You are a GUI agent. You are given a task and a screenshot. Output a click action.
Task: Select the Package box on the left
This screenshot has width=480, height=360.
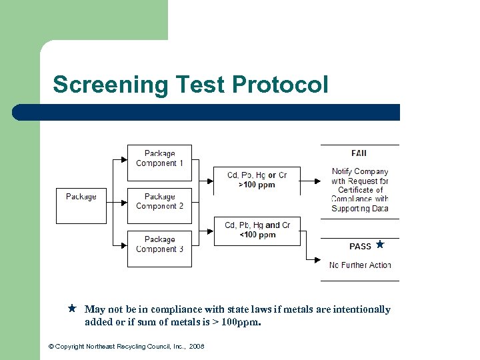[81, 205]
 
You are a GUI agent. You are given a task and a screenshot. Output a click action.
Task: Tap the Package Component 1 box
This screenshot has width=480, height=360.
[159, 163]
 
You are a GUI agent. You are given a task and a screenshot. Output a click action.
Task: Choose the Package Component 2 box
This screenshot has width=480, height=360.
[159, 205]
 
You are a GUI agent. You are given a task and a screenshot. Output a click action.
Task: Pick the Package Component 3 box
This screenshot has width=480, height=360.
[159, 248]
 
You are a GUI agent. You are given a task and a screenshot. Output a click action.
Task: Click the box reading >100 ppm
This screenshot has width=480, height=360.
[257, 180]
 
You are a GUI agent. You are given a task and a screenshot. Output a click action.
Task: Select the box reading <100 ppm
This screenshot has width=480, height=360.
[257, 231]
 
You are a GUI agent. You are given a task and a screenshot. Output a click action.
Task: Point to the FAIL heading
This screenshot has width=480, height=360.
[359, 153]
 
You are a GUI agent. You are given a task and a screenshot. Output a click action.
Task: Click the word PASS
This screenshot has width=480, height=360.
[360, 247]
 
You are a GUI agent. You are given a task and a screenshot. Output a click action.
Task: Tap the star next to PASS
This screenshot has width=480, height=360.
[380, 245]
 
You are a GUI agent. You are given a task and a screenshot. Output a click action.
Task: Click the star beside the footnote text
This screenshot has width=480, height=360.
[72, 309]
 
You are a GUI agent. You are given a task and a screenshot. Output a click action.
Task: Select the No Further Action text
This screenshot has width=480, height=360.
[360, 265]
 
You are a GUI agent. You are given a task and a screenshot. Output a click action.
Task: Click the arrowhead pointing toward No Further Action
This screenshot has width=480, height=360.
[317, 260]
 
